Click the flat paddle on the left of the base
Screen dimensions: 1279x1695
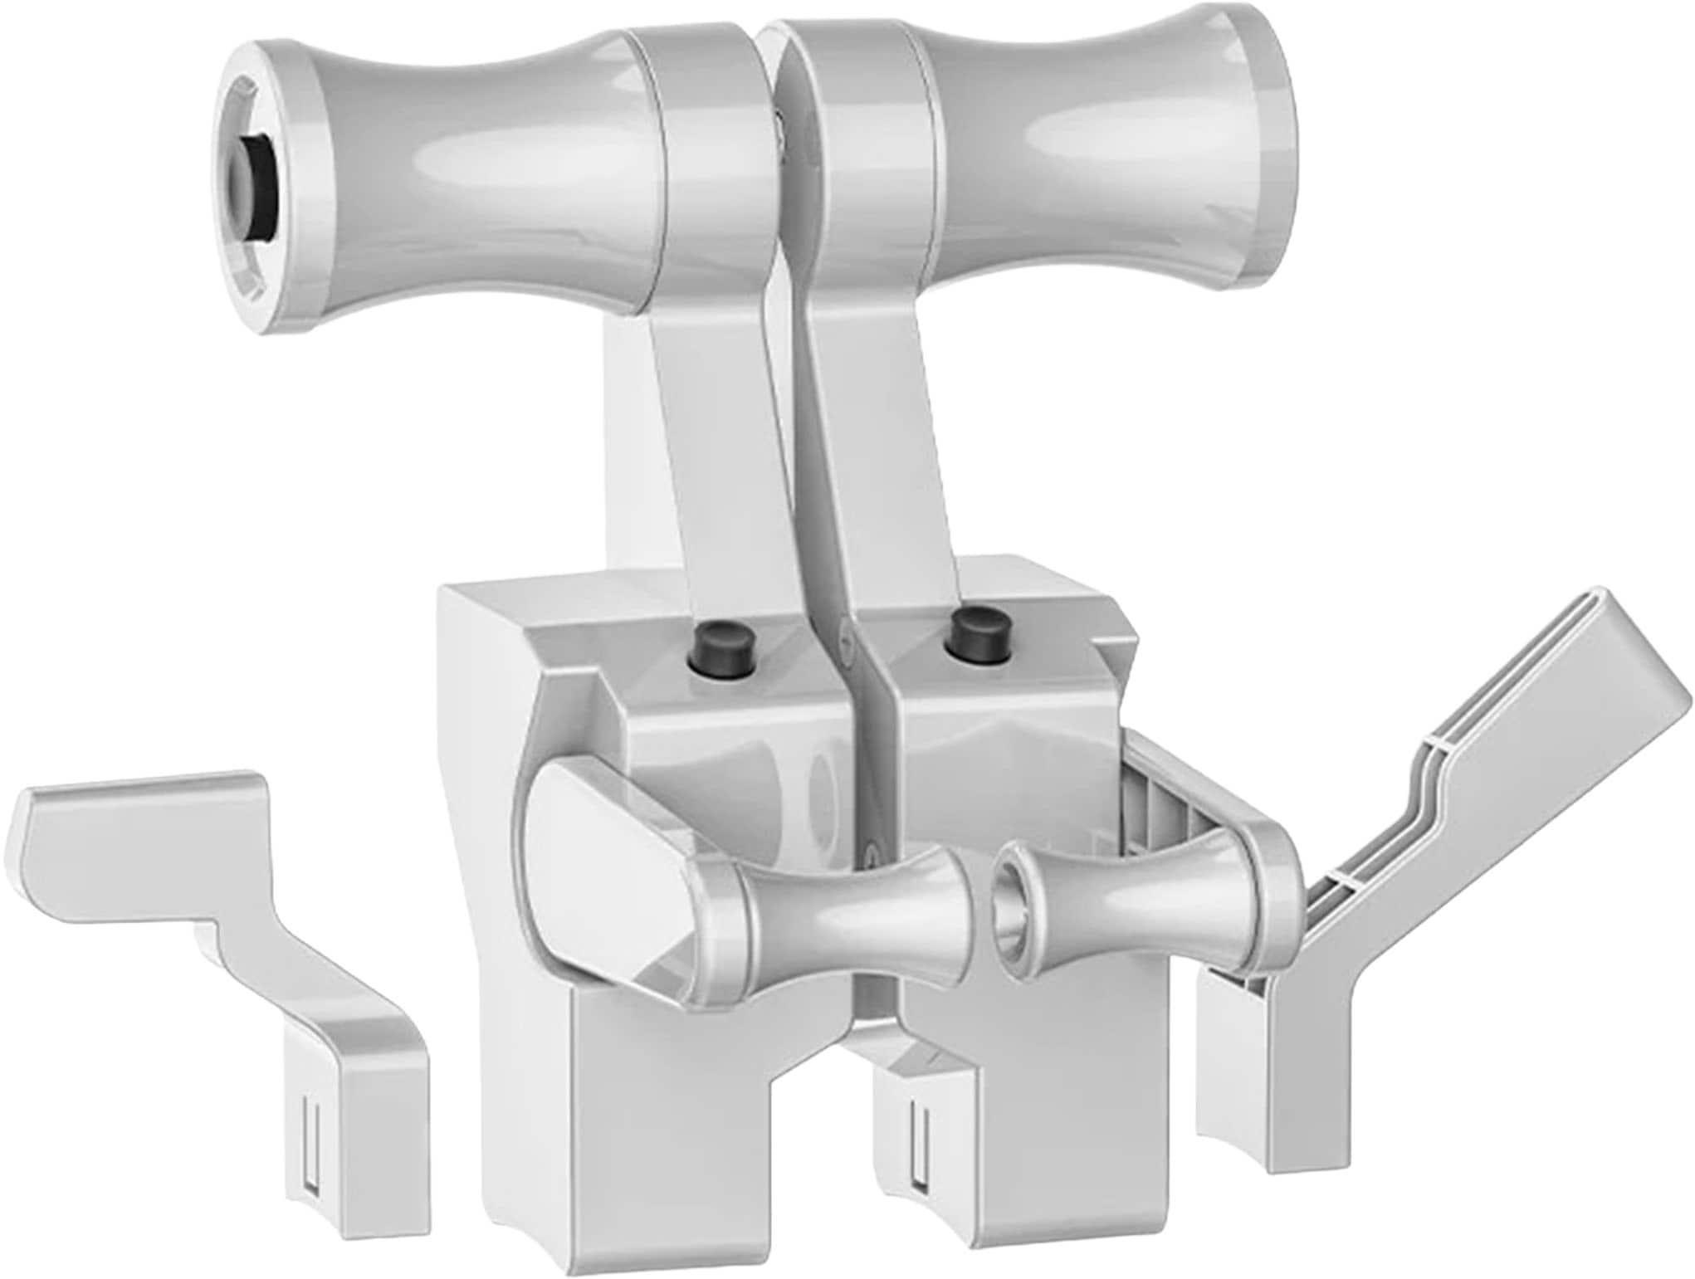598,838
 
